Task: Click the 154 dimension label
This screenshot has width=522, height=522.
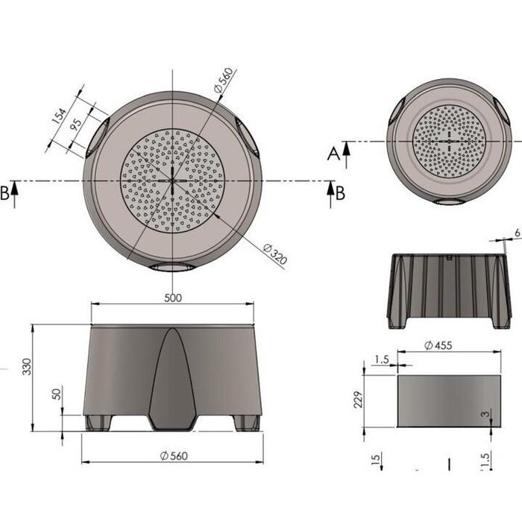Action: click(x=60, y=116)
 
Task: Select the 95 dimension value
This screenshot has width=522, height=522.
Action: click(x=76, y=125)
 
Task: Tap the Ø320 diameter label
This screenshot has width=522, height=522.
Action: click(x=274, y=254)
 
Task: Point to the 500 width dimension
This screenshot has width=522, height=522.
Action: click(x=173, y=298)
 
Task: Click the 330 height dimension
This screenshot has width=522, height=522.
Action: click(x=27, y=367)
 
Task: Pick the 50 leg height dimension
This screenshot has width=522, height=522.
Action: click(x=57, y=394)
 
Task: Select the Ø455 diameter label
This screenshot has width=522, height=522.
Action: click(x=438, y=345)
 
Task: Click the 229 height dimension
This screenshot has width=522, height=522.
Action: click(x=359, y=400)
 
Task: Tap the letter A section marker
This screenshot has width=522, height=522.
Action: click(x=333, y=154)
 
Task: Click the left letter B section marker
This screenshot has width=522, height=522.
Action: click(x=4, y=193)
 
